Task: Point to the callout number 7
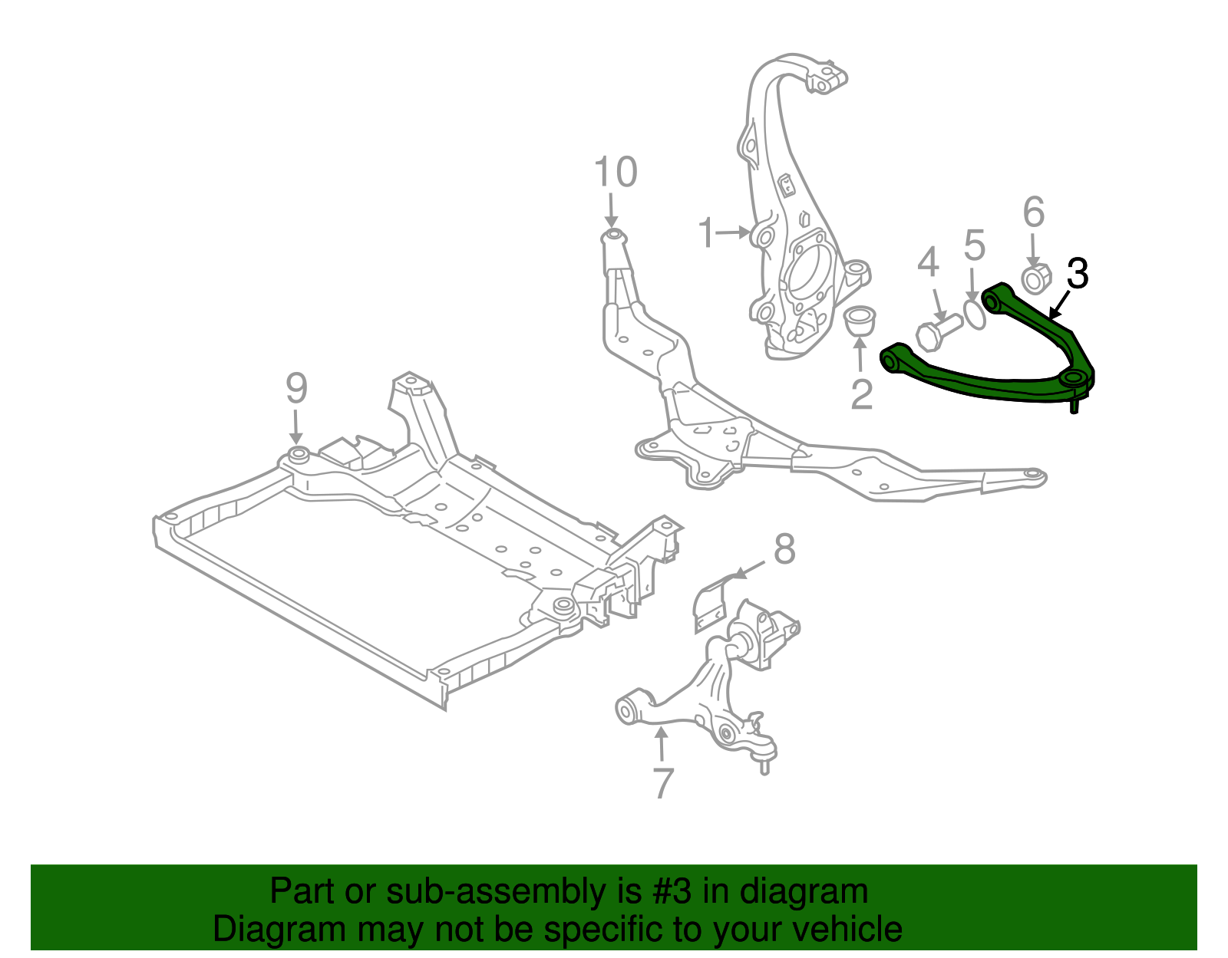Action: (x=662, y=782)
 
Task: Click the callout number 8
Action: (x=784, y=549)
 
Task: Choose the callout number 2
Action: (x=862, y=394)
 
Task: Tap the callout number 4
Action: (x=928, y=262)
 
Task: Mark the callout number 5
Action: (x=974, y=245)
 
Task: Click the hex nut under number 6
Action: (x=1035, y=278)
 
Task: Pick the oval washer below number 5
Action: (x=974, y=314)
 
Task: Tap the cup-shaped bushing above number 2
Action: (x=861, y=320)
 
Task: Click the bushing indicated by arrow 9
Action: (x=297, y=453)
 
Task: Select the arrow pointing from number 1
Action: (x=734, y=231)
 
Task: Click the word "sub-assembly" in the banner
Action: (x=491, y=892)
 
